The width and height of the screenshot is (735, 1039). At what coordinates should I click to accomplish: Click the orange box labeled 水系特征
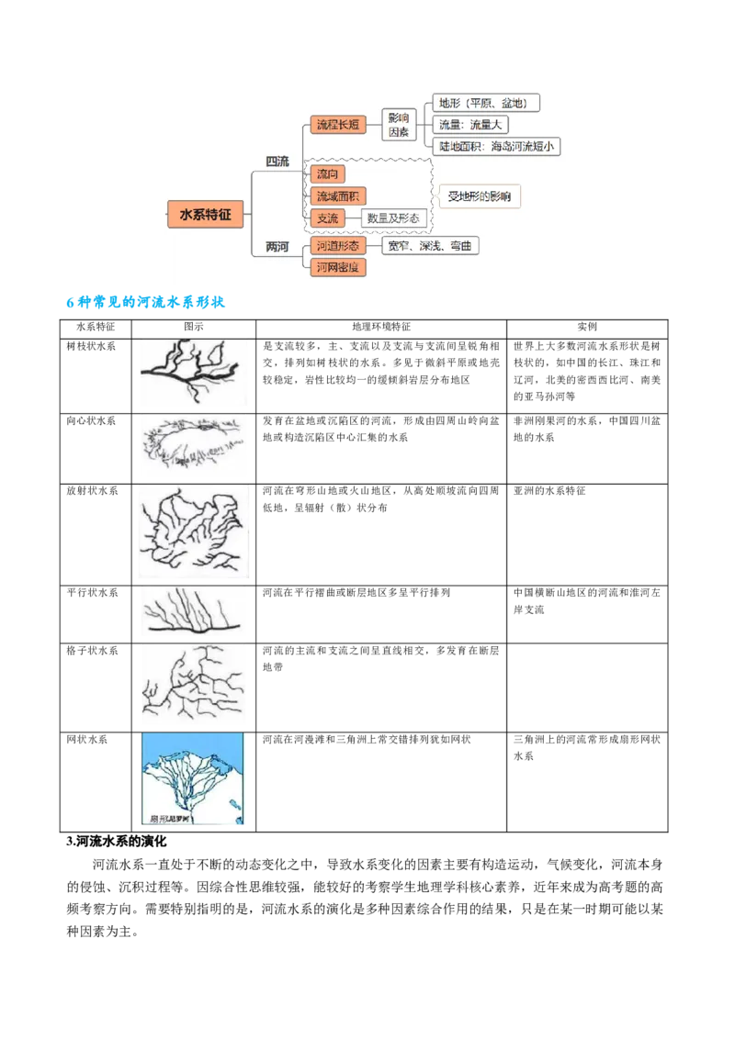pyautogui.click(x=206, y=214)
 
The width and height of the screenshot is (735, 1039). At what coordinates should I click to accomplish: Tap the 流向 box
pyautogui.click(x=328, y=173)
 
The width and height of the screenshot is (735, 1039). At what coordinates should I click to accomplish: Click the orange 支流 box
pyautogui.click(x=328, y=218)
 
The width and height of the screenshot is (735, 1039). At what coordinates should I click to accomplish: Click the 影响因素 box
pyautogui.click(x=398, y=125)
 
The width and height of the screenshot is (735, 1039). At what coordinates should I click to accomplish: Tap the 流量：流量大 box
pyautogui.click(x=470, y=124)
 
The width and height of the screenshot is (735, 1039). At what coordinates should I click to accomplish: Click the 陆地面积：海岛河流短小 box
pyautogui.click(x=496, y=146)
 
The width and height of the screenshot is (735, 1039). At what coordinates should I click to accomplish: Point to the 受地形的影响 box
pyautogui.click(x=478, y=196)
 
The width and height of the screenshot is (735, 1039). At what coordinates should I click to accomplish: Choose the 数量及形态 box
pyautogui.click(x=393, y=218)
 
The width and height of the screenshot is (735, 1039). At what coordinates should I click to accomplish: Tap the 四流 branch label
pyautogui.click(x=277, y=162)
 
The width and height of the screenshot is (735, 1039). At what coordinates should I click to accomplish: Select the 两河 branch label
pyautogui.click(x=277, y=247)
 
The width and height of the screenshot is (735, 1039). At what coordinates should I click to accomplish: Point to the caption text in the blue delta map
pyautogui.click(x=169, y=817)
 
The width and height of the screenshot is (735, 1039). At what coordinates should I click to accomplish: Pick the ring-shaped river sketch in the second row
pyautogui.click(x=195, y=445)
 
